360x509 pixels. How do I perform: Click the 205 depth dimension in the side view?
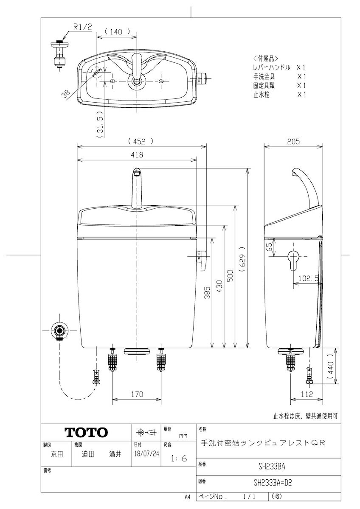pyautogui.click(x=293, y=142)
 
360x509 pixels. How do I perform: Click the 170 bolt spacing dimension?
pyautogui.click(x=137, y=394)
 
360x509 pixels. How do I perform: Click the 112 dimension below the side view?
pyautogui.click(x=307, y=394)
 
